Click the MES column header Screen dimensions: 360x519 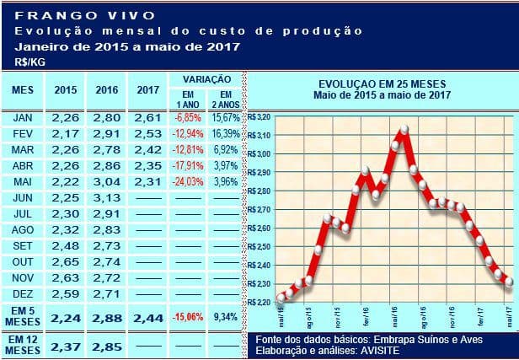[x=23, y=89]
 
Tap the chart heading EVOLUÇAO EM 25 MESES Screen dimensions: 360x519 [x=383, y=84]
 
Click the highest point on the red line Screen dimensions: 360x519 [x=405, y=129]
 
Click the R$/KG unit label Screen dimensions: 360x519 [x=28, y=62]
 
